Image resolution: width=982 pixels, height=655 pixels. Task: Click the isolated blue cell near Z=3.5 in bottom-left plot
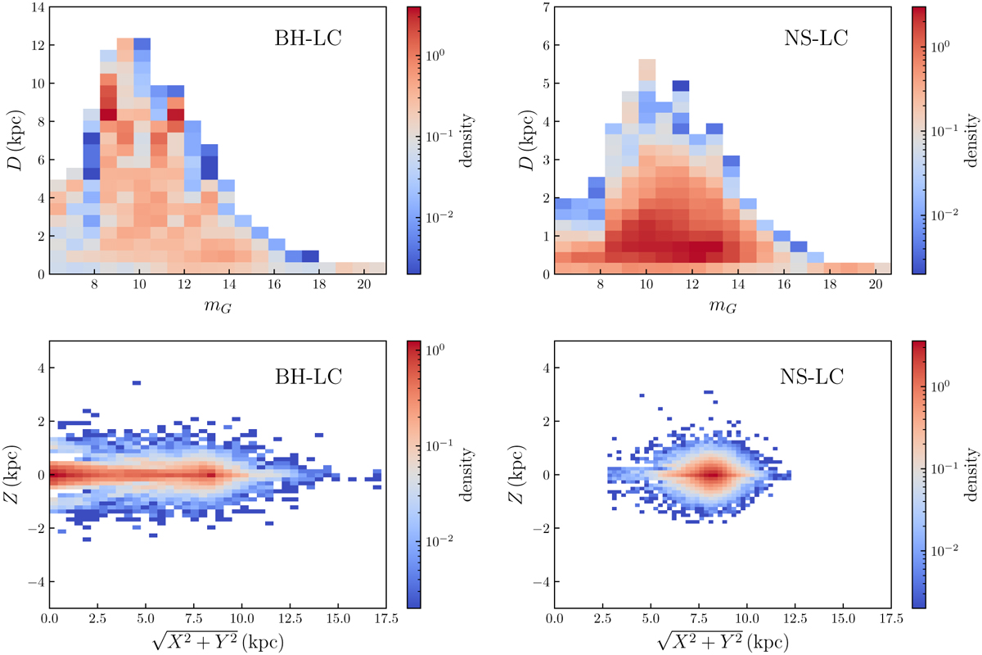(x=137, y=382)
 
